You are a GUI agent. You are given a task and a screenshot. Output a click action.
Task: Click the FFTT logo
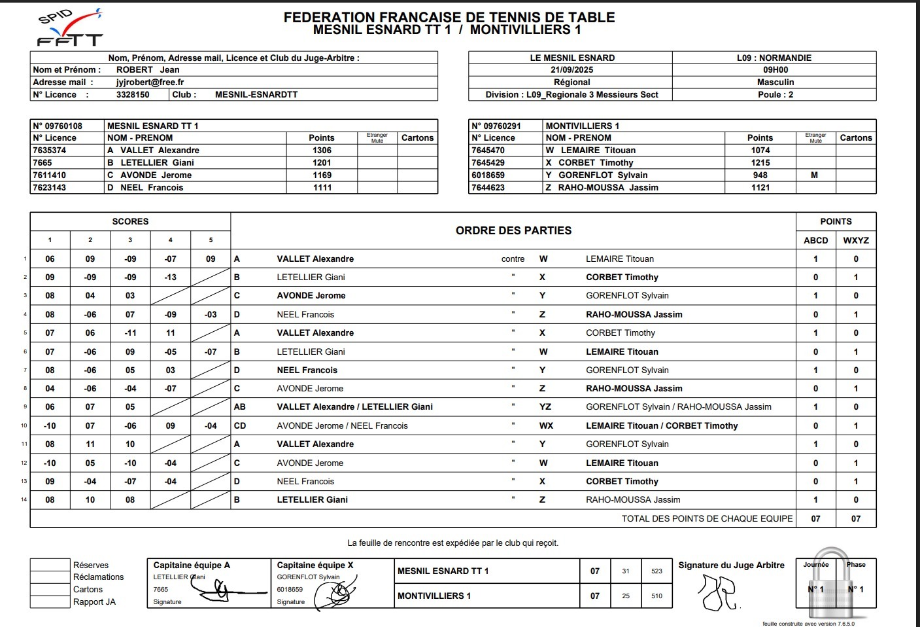[69, 29]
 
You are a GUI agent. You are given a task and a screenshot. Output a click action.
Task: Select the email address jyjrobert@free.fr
[150, 82]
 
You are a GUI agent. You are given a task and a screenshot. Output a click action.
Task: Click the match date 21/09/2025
[571, 70]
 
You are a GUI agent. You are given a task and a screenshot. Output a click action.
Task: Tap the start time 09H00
[775, 70]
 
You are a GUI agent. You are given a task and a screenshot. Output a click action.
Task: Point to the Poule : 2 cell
[775, 95]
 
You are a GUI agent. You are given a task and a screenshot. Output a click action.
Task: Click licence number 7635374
[50, 151]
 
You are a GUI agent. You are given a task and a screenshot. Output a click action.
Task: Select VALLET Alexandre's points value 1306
[322, 151]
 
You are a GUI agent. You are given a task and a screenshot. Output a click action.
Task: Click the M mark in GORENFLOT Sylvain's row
[814, 175]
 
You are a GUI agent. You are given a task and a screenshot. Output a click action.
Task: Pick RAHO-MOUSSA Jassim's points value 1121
[760, 188]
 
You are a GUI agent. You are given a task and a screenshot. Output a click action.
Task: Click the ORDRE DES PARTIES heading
[513, 231]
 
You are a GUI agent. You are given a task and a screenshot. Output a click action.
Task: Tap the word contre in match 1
[513, 259]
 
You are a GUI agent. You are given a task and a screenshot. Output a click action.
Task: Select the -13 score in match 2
[170, 278]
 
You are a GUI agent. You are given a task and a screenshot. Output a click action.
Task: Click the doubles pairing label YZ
[545, 407]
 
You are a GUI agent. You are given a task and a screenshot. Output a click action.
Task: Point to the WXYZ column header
[855, 241]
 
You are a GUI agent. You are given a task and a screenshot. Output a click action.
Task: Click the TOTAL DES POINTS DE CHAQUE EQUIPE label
[707, 519]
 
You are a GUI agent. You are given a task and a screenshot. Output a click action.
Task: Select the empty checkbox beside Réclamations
[50, 577]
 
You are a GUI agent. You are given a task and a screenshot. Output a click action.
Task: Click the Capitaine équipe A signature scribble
[222, 592]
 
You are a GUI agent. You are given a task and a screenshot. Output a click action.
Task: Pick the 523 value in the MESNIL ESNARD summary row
[656, 571]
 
